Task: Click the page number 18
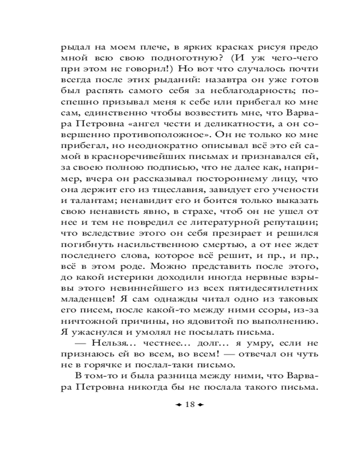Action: pyautogui.click(x=189, y=405)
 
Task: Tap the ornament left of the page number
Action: pyautogui.click(x=178, y=405)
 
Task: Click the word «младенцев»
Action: pyautogui.click(x=84, y=296)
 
